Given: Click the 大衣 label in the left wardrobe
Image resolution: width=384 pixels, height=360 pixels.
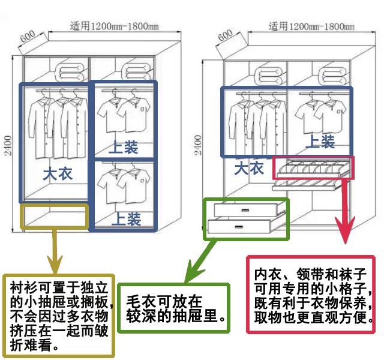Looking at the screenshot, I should [x=58, y=174].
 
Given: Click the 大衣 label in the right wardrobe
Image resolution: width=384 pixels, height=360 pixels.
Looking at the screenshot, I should [x=249, y=168].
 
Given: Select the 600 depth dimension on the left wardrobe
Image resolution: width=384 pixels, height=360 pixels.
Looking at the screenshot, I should [x=28, y=36].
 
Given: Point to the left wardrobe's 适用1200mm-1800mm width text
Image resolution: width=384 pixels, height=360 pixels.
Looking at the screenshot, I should [x=115, y=26].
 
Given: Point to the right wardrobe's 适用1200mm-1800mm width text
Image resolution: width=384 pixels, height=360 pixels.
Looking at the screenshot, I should [x=313, y=26].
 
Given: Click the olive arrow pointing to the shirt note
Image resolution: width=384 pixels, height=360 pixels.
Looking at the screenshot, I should [x=55, y=252].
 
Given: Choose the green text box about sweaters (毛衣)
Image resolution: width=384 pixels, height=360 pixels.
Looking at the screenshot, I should [x=175, y=308].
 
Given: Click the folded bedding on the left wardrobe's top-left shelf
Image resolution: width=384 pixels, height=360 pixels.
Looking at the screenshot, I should [x=67, y=71].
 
